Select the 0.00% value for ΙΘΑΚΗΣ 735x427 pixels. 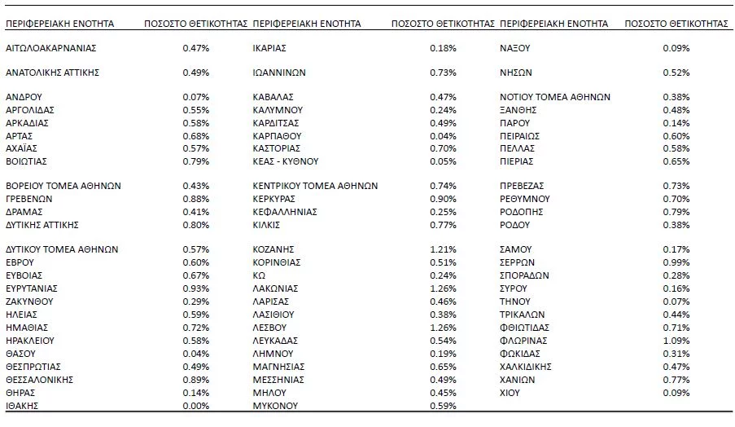[195, 405]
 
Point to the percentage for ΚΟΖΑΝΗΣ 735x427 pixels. [443, 249]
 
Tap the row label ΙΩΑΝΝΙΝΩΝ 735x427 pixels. [279, 72]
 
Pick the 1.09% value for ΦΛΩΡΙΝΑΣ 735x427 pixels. [676, 340]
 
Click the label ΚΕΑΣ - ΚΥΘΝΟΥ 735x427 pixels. [285, 161]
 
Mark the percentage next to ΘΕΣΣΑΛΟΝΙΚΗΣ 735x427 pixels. [195, 379]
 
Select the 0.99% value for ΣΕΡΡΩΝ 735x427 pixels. [676, 262]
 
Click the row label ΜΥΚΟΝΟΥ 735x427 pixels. [275, 405]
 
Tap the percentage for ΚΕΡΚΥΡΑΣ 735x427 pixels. [443, 199]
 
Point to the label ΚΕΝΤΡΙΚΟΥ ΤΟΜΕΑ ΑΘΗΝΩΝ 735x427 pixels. [315, 186]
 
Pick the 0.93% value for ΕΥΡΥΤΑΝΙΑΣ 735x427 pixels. [195, 288]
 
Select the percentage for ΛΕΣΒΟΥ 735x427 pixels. [443, 327]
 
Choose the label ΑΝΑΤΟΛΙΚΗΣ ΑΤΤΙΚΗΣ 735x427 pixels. [52, 72]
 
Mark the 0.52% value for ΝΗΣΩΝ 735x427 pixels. [676, 72]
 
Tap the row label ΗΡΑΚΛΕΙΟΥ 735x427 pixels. [33, 340]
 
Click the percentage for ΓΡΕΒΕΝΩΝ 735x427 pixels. [195, 199]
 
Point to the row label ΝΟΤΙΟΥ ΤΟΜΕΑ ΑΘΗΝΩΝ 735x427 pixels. [554, 97]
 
